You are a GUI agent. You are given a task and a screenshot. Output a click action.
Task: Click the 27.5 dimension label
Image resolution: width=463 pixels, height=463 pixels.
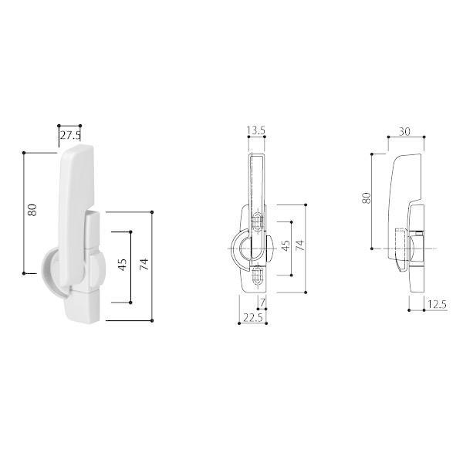click(x=70, y=135)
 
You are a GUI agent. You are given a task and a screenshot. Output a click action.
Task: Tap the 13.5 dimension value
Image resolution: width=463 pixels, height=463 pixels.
click(x=256, y=130)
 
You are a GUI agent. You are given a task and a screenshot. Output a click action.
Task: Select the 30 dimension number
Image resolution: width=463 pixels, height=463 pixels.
click(x=404, y=131)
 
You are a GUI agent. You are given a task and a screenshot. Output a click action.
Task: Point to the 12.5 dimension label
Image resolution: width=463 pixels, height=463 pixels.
click(x=437, y=304)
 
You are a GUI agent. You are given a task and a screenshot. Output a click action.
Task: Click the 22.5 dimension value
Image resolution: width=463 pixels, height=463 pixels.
click(x=253, y=317)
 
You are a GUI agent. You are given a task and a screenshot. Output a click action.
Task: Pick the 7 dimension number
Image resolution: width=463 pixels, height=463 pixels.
click(x=262, y=302)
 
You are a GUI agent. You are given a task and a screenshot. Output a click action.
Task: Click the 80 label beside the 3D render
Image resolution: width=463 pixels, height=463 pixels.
click(x=32, y=210)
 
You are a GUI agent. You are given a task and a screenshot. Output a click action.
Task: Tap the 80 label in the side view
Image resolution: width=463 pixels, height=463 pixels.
click(x=366, y=198)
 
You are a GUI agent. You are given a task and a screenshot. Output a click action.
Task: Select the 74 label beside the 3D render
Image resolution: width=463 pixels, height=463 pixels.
click(x=144, y=264)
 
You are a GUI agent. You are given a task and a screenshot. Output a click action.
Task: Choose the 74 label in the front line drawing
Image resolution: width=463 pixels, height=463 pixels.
click(x=299, y=245)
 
